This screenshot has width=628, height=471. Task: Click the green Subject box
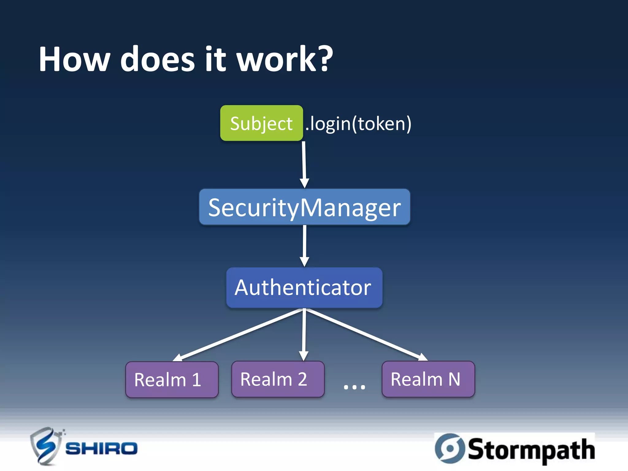[261, 123]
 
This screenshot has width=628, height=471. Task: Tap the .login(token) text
[358, 124]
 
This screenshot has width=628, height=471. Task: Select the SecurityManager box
[304, 207]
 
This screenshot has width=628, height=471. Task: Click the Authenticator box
[304, 287]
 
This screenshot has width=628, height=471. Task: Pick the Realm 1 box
[172, 379]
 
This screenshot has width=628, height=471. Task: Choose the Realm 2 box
[278, 379]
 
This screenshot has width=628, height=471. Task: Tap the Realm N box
[428, 379]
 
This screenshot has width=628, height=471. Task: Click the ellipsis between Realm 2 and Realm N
[354, 387]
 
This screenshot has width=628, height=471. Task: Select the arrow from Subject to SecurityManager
[304, 164]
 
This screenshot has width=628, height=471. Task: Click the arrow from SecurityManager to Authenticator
[304, 245]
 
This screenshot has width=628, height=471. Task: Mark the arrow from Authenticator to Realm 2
[304, 334]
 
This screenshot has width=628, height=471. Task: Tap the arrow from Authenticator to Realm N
[366, 334]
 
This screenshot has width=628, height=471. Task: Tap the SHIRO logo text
[101, 449]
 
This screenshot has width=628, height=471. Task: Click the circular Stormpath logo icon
[450, 448]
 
